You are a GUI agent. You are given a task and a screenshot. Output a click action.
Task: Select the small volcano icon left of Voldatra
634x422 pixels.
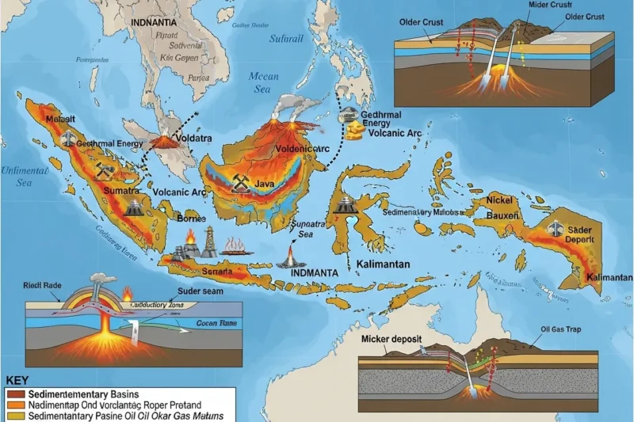(x=165, y=142)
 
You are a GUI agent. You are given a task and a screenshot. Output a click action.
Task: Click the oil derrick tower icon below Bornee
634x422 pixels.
(x=208, y=241)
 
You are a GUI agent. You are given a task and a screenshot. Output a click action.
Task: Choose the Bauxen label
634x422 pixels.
(x=502, y=215)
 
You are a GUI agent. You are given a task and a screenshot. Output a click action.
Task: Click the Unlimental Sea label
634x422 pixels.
(x=25, y=176)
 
